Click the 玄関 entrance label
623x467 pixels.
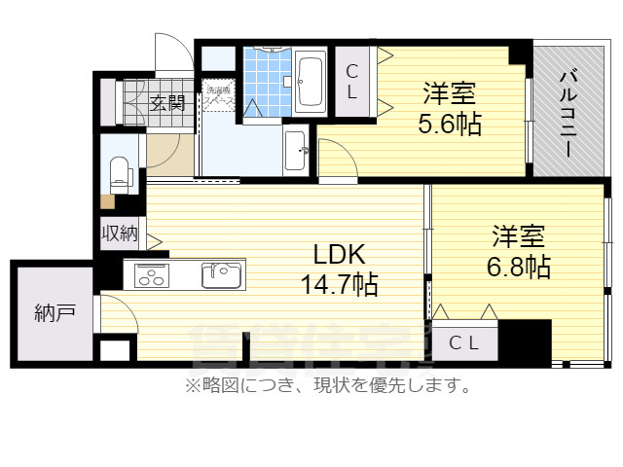(x=167, y=102)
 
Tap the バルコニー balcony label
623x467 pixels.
(x=567, y=115)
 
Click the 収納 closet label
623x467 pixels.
(x=120, y=234)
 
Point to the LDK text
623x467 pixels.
(x=338, y=256)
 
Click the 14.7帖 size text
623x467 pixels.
(x=339, y=285)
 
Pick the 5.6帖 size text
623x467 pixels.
(x=449, y=125)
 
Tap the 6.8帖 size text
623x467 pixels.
(x=518, y=267)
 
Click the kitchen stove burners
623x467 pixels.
(x=152, y=274)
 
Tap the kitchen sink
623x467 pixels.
(x=222, y=275)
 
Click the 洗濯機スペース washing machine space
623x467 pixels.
(x=219, y=98)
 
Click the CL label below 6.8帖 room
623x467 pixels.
(x=462, y=342)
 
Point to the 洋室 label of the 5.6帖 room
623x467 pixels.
(x=449, y=94)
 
